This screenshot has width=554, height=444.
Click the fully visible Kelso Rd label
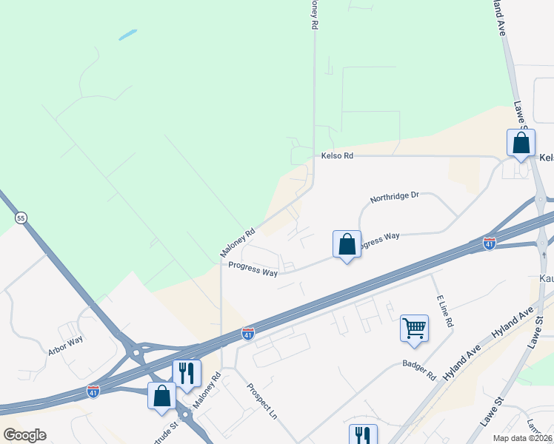click(x=338, y=155)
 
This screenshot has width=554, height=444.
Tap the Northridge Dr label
click(x=395, y=197)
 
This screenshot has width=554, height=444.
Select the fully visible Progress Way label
click(x=253, y=269)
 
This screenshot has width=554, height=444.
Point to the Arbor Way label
click(x=65, y=347)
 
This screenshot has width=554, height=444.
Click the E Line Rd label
click(x=444, y=311)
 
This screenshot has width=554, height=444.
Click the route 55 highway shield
click(x=20, y=218)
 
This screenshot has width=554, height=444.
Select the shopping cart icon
click(x=414, y=328)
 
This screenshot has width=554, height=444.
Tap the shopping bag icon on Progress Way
click(x=347, y=243)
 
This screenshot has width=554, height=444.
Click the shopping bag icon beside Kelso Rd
click(x=521, y=142)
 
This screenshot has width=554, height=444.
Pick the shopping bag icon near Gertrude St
click(x=161, y=395)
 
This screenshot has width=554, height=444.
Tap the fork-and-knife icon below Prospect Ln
click(x=363, y=434)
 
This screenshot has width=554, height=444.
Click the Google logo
click(x=24, y=435)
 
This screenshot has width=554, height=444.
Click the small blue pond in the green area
click(x=127, y=34)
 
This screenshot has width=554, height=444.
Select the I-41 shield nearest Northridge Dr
click(x=489, y=243)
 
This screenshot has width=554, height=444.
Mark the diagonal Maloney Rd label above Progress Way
click(x=238, y=242)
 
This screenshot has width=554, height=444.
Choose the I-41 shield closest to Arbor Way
click(x=93, y=389)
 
